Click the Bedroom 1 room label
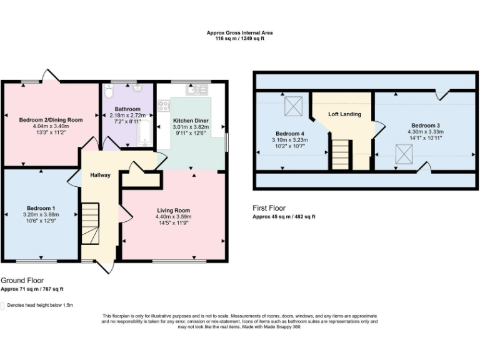click(41, 208)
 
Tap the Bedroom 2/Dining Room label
click(51, 119)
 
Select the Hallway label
click(100, 175)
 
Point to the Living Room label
click(173, 211)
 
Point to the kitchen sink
click(201, 90)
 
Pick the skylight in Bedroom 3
click(404, 152)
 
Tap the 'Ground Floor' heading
click(22, 281)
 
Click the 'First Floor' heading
click(269, 208)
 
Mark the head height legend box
click(2, 306)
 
